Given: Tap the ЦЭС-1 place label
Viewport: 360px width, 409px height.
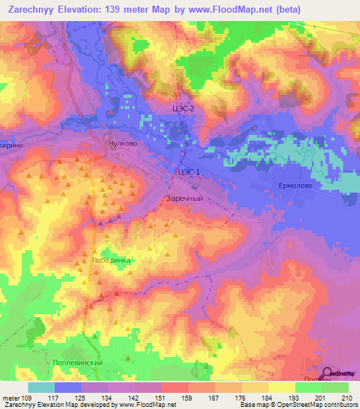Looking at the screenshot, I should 189,172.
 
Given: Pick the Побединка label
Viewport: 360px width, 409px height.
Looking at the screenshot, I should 111,259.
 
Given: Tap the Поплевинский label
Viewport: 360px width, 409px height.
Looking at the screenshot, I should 78,362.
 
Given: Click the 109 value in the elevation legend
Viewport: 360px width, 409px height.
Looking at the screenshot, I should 28,397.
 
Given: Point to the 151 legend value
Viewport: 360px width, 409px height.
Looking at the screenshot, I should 161,397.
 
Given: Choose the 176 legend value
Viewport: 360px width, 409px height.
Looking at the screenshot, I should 240,397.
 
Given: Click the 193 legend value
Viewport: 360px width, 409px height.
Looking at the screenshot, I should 292,397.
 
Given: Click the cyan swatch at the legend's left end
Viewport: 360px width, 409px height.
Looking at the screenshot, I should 41,387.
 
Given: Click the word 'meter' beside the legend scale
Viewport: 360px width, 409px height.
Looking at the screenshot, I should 11,397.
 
